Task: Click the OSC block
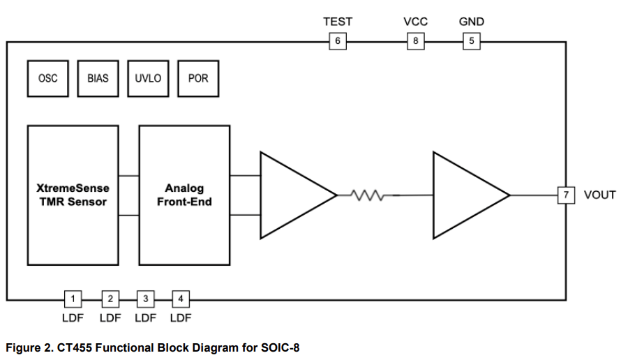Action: (47, 78)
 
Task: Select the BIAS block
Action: (98, 78)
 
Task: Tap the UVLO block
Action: (148, 78)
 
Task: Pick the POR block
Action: (198, 78)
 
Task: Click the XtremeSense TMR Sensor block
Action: (73, 195)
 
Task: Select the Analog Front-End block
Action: (184, 195)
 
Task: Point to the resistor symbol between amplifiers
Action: (365, 195)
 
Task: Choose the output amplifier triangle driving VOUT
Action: (465, 195)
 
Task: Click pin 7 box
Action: (566, 195)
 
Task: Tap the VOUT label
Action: (599, 195)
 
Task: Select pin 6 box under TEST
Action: (338, 41)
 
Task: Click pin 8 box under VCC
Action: (416, 41)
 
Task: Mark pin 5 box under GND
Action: (472, 41)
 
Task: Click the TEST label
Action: (338, 22)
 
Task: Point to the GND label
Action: (472, 22)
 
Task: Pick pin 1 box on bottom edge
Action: (73, 299)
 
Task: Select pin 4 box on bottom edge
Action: (181, 299)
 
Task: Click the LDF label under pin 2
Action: (110, 318)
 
